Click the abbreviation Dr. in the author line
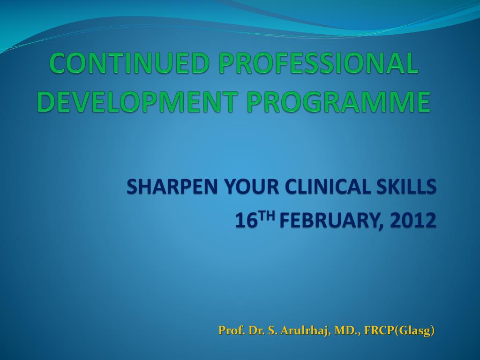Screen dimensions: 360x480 pos(257,330)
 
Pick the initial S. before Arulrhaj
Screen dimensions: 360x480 pos(273,330)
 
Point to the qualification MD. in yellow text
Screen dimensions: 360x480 pos(347,330)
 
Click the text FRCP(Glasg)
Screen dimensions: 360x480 pos(400,330)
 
